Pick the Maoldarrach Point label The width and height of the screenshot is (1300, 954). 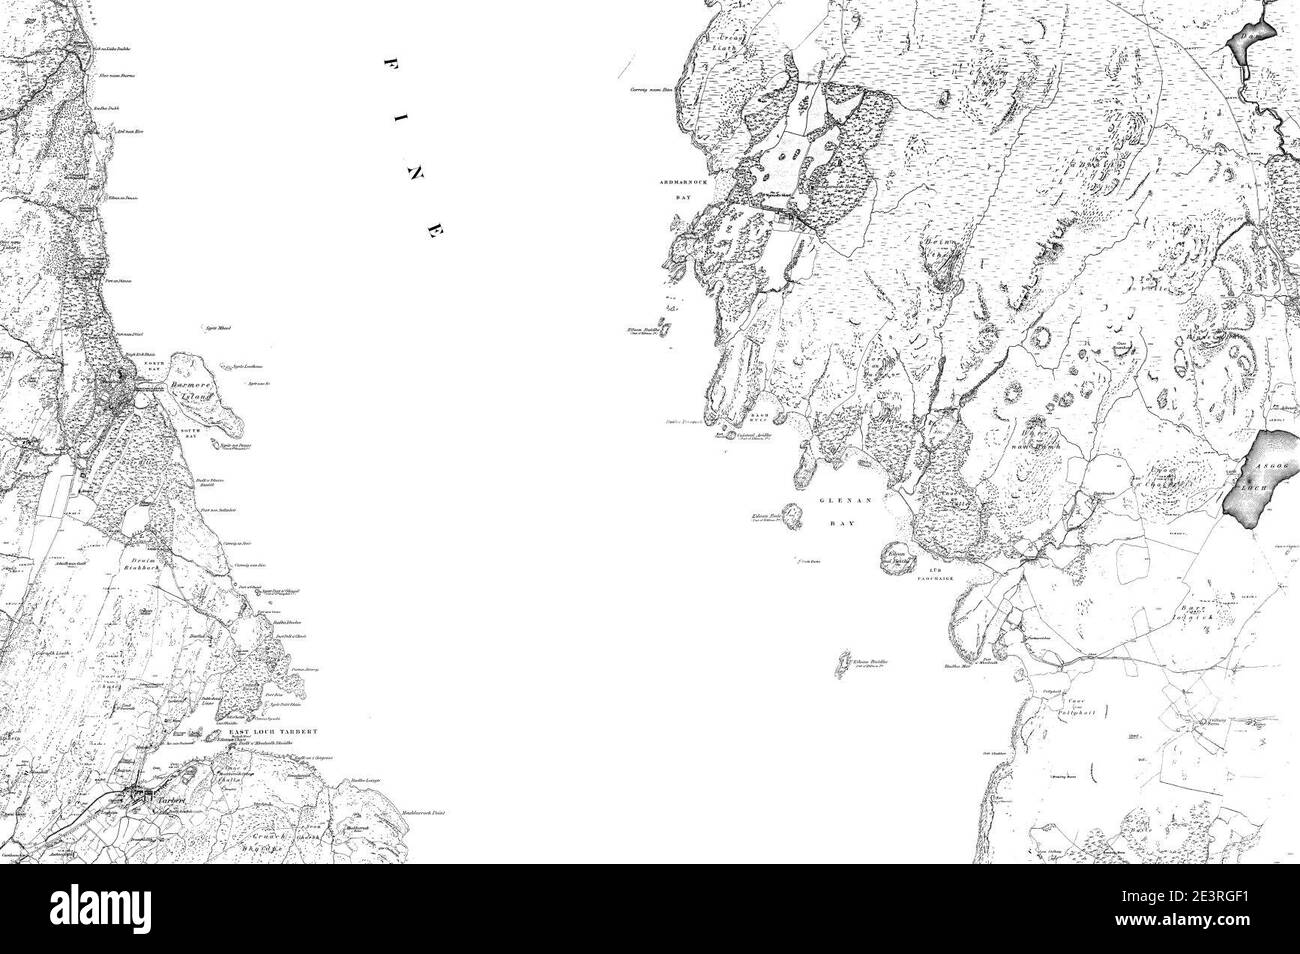coord(421,815)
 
